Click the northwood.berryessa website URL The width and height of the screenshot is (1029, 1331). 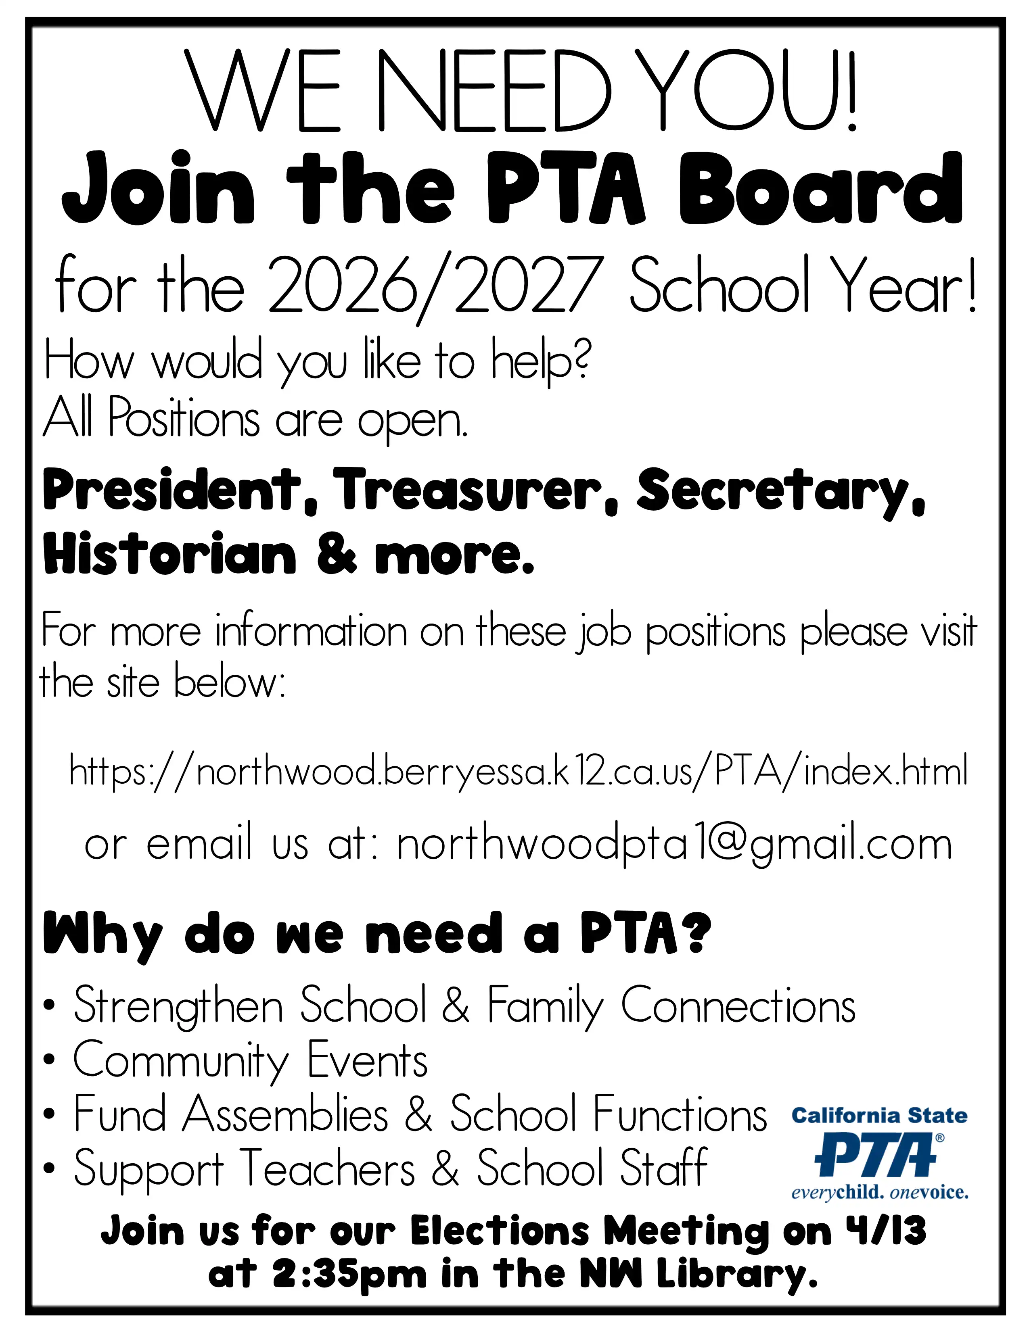(x=518, y=771)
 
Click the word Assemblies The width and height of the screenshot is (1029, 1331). (x=285, y=1114)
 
